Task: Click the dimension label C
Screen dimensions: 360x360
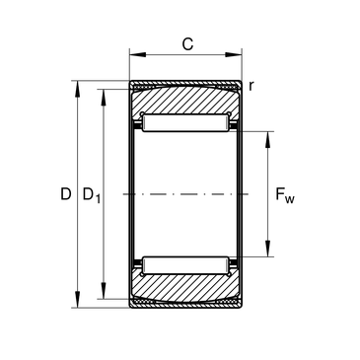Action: click(187, 44)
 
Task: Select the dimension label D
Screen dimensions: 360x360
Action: click(66, 194)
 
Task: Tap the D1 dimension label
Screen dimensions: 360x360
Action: click(91, 195)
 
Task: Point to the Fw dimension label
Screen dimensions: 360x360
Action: click(285, 195)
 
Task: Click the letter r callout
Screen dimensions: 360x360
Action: click(252, 86)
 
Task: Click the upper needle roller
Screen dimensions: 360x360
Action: click(185, 122)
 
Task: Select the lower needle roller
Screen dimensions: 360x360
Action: click(185, 265)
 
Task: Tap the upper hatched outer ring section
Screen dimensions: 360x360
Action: click(185, 102)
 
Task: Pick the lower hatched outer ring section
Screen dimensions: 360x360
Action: click(185, 287)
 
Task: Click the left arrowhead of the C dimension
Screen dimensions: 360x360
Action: click(137, 54)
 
